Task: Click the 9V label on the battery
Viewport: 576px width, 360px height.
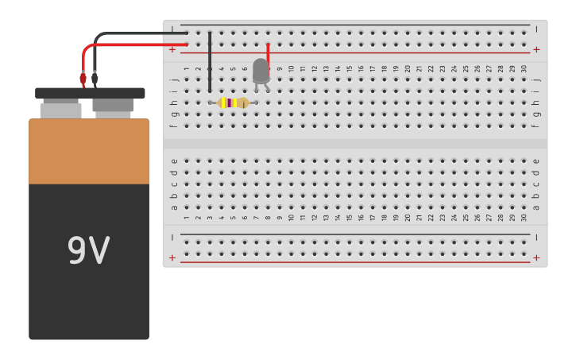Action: point(88,250)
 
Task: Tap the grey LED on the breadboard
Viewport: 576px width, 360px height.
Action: point(261,71)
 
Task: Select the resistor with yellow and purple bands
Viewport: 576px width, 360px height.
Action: point(234,103)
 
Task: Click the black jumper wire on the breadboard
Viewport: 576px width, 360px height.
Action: point(210,62)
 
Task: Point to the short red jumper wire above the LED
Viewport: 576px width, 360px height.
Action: point(269,52)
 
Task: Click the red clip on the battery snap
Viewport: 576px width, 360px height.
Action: point(83,79)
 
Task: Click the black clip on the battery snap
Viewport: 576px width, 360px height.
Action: point(95,79)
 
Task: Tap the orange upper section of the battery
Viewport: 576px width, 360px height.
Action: point(89,151)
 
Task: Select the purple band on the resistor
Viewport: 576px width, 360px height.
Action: point(230,103)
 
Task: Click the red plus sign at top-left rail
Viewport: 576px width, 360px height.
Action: point(172,49)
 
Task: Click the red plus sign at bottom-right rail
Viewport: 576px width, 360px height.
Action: point(536,257)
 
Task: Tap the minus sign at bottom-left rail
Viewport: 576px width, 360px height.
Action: point(172,237)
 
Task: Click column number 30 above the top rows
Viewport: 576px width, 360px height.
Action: point(524,69)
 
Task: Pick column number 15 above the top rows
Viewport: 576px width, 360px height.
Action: point(350,69)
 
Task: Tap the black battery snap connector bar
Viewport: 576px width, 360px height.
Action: point(90,93)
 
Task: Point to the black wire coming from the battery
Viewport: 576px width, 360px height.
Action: point(135,33)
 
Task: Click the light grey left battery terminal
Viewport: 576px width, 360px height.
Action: point(60,110)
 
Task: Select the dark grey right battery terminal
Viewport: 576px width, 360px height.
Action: point(113,105)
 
